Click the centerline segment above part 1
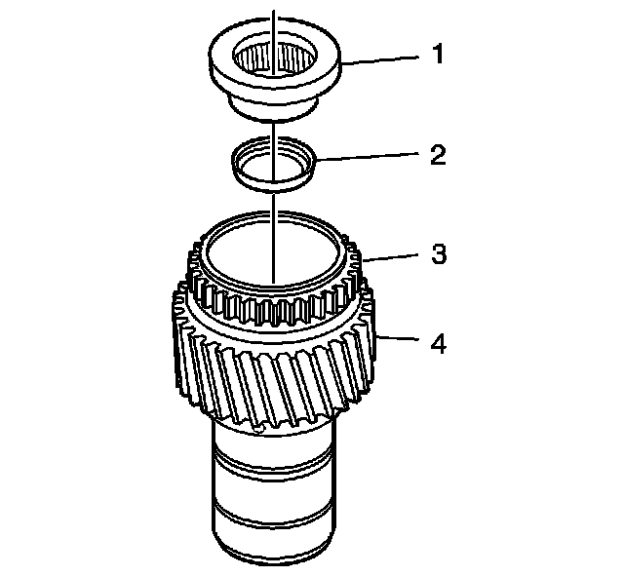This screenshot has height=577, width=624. point(274,15)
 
